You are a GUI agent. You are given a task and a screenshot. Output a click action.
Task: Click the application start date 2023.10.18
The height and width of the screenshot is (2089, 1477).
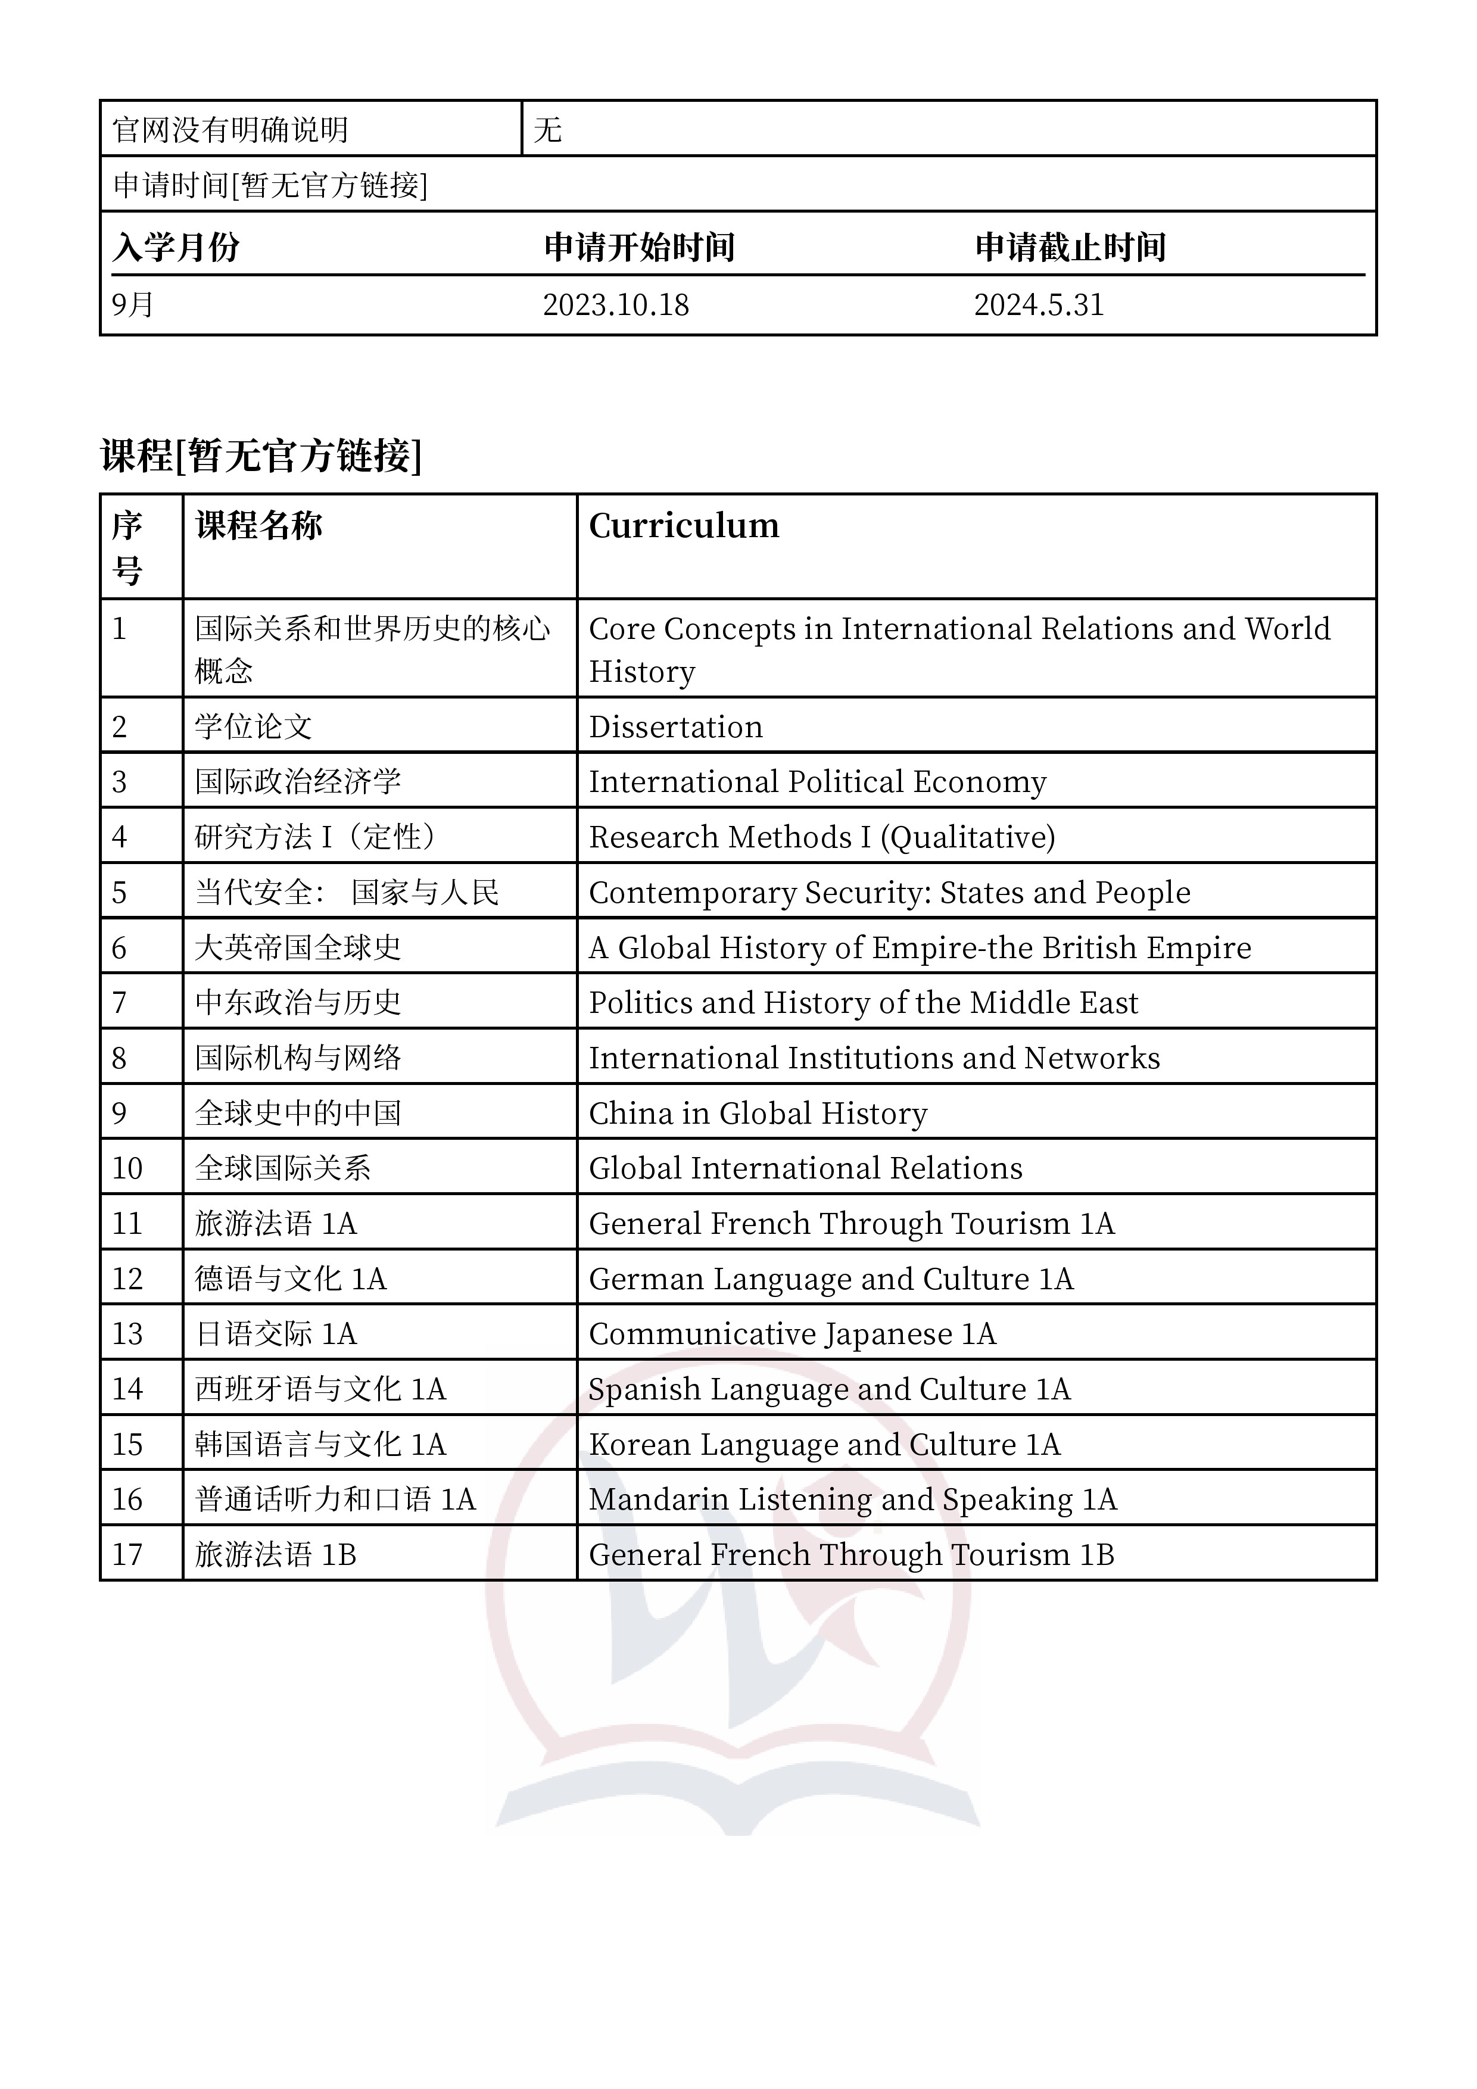click(615, 305)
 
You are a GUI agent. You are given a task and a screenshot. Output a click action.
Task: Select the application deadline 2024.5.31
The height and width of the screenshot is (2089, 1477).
click(1038, 305)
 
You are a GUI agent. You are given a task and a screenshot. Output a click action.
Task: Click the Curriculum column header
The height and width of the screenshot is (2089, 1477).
click(684, 526)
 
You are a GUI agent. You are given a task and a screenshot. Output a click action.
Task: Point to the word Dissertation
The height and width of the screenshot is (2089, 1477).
click(675, 727)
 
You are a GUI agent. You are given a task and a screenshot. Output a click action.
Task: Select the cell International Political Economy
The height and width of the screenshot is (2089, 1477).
click(817, 781)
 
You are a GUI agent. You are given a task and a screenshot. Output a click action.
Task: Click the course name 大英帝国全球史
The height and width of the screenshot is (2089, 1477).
click(298, 948)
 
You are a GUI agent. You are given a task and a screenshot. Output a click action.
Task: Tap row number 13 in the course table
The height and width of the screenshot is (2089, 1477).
click(127, 1334)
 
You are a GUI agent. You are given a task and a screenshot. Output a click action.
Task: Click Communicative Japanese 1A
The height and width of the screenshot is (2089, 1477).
click(792, 1334)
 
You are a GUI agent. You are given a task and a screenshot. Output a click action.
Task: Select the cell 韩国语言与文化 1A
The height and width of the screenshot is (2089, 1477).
click(320, 1445)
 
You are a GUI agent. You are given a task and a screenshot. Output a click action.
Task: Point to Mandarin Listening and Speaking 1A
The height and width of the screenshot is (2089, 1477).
click(852, 1499)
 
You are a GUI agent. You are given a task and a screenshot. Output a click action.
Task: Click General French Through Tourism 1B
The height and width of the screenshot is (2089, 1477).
click(851, 1555)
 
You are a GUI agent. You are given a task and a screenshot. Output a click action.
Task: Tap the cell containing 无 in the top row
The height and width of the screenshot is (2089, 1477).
click(548, 130)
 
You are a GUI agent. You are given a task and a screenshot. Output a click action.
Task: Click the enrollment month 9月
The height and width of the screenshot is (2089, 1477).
click(133, 305)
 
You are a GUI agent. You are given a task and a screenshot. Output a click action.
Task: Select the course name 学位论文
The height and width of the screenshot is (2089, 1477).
click(253, 727)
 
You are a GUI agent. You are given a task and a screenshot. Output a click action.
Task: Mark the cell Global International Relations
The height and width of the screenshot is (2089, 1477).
click(805, 1168)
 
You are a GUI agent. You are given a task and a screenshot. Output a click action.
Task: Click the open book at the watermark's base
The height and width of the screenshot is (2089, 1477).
click(737, 1806)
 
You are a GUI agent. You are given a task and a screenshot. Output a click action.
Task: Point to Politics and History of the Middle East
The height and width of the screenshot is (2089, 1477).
click(863, 1003)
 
